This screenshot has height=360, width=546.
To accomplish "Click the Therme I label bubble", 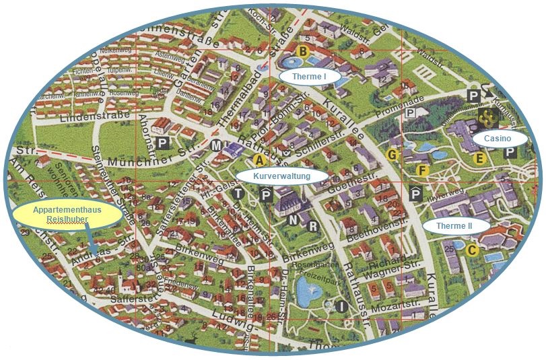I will tap(309, 77).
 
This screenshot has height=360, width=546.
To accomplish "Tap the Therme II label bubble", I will tap(454, 226).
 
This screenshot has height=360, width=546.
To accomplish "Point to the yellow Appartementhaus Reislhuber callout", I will tap(67, 216).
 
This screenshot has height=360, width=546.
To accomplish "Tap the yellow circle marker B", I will tap(302, 51).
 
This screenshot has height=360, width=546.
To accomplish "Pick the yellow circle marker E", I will tap(479, 159).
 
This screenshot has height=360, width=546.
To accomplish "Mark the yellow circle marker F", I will tap(422, 170).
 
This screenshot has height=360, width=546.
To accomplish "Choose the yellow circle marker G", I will tap(394, 155).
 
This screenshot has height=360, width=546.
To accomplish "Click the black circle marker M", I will tap(216, 146).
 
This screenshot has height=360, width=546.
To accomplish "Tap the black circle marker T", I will tap(238, 194).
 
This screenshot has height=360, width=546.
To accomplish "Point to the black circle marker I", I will tap(341, 307).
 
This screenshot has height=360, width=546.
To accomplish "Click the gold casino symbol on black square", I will tap(488, 119).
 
